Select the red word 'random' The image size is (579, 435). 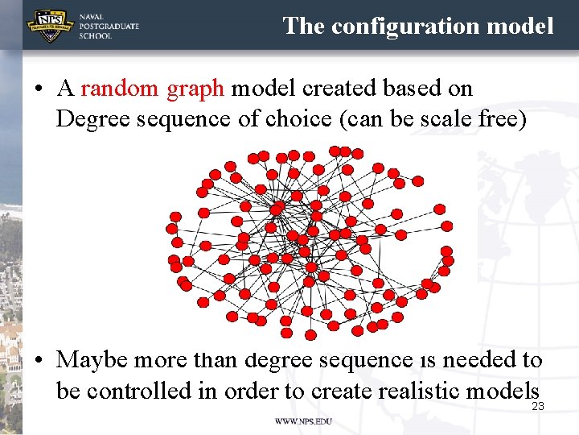click(121, 89)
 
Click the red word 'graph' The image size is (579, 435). click(195, 89)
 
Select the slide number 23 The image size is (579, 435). click(538, 406)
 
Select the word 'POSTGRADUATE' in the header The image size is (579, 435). click(109, 26)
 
